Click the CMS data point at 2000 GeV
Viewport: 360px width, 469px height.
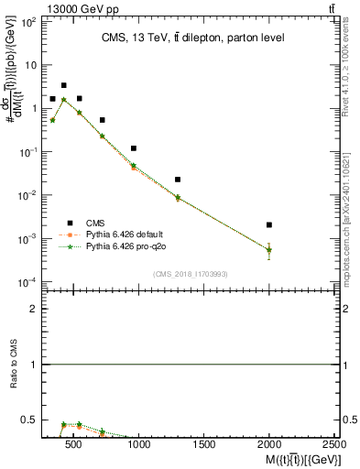269,224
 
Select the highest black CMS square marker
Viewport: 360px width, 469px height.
63,85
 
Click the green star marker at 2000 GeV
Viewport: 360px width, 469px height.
269,249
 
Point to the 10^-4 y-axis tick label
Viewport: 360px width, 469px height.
28,281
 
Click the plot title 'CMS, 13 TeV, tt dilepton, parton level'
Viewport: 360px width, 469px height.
191,38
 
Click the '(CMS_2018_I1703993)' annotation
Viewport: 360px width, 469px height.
191,274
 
